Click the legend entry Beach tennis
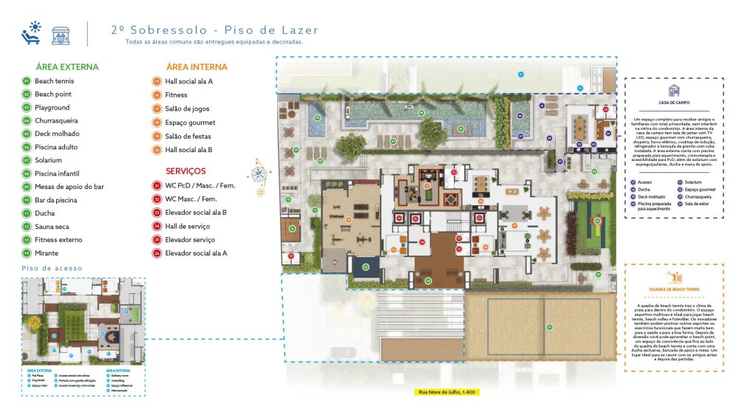(x=54, y=81)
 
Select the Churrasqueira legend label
(x=56, y=120)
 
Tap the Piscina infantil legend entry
(x=58, y=174)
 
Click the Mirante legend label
(x=47, y=253)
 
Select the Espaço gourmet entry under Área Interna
(x=190, y=123)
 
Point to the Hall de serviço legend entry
(x=188, y=227)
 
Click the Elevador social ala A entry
(x=196, y=253)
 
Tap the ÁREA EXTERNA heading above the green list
(x=61, y=67)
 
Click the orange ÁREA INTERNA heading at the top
(x=197, y=67)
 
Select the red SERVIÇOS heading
(x=186, y=171)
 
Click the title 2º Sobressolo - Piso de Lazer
(x=214, y=30)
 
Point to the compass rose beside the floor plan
(x=259, y=174)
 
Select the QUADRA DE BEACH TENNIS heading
(x=674, y=289)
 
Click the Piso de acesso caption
(x=52, y=268)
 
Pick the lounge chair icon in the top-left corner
(x=31, y=33)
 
